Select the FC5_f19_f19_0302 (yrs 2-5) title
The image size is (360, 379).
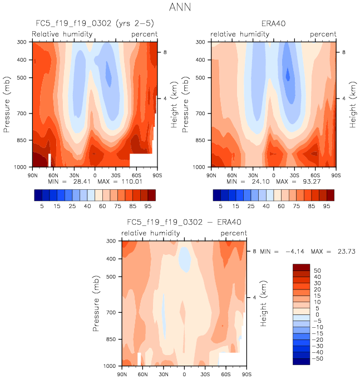(94, 24)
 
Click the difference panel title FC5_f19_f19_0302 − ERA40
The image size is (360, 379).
(184, 222)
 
